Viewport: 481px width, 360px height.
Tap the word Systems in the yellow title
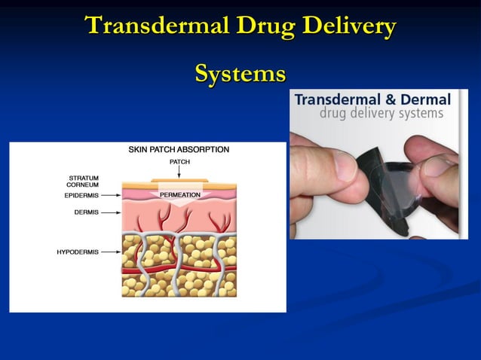point(240,74)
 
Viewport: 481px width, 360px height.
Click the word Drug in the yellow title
point(264,26)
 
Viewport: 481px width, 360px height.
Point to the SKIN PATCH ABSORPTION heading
point(179,150)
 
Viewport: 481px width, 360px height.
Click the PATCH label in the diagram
point(179,161)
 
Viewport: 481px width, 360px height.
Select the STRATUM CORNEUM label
point(83,181)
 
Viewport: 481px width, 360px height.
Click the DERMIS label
point(85,212)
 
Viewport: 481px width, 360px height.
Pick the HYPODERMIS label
point(78,252)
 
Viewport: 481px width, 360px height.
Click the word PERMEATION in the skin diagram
point(179,194)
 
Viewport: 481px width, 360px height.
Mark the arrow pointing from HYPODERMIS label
point(111,252)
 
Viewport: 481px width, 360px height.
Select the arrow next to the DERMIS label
point(111,212)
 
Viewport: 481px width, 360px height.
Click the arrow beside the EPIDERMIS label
point(111,194)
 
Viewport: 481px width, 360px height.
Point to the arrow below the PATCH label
point(179,172)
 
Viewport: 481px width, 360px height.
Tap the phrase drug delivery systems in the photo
point(381,114)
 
